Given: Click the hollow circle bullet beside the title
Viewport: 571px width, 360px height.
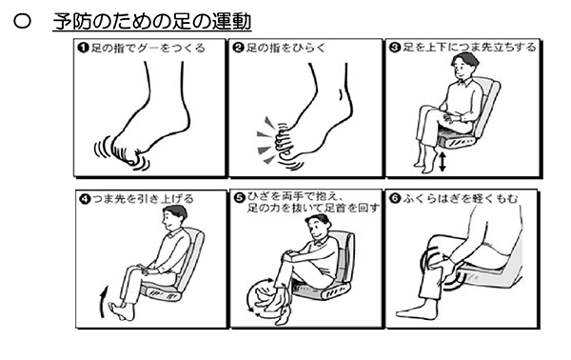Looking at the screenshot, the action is (22, 22).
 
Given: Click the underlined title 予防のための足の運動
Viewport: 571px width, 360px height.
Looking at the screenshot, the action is (152, 22).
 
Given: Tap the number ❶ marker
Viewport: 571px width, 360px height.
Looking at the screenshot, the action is (84, 48).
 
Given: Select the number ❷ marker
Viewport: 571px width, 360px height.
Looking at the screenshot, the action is (238, 48).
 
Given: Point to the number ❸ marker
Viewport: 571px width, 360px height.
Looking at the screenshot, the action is (395, 48).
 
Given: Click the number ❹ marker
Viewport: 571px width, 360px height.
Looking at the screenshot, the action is (85, 199).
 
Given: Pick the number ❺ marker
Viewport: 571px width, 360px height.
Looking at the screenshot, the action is (240, 198).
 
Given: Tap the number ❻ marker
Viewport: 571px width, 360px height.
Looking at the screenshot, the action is (395, 199).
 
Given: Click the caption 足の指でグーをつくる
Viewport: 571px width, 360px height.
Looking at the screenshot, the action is (148, 48).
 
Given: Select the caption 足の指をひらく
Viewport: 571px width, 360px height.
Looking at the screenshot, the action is (285, 48).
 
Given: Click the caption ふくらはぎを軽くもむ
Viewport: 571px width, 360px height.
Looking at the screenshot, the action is (460, 199).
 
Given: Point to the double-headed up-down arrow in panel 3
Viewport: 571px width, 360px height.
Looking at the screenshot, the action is (443, 162).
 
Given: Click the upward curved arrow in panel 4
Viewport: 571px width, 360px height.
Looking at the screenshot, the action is (103, 302).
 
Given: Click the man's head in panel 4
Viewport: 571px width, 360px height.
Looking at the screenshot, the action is (174, 217).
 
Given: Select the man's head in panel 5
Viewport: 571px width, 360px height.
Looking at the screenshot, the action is (318, 226).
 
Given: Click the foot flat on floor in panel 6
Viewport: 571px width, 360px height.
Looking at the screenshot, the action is (417, 310).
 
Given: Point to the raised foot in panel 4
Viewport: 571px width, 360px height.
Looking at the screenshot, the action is (122, 310).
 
